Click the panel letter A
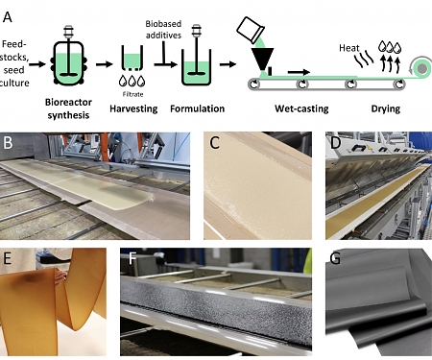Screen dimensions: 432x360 [7, 16]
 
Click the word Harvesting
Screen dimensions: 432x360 [133, 108]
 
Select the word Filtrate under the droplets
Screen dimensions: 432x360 [132, 94]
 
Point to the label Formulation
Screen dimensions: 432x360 [197, 108]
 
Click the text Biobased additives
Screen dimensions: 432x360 [163, 30]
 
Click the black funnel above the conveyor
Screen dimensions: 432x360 [262, 59]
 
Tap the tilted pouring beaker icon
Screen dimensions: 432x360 [251, 30]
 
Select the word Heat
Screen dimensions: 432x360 [349, 48]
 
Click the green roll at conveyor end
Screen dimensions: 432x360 [421, 68]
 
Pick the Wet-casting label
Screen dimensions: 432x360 [301, 108]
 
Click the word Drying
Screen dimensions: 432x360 [386, 109]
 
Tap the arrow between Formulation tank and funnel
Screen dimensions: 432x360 [228, 64]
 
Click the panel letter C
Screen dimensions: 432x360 [214, 143]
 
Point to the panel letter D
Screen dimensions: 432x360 [335, 143]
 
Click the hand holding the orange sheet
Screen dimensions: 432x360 [60, 276]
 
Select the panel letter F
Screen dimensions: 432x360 [132, 258]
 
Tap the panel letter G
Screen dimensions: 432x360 [335, 258]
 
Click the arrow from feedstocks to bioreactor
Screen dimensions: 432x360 [37, 64]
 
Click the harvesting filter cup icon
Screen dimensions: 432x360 [132, 58]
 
